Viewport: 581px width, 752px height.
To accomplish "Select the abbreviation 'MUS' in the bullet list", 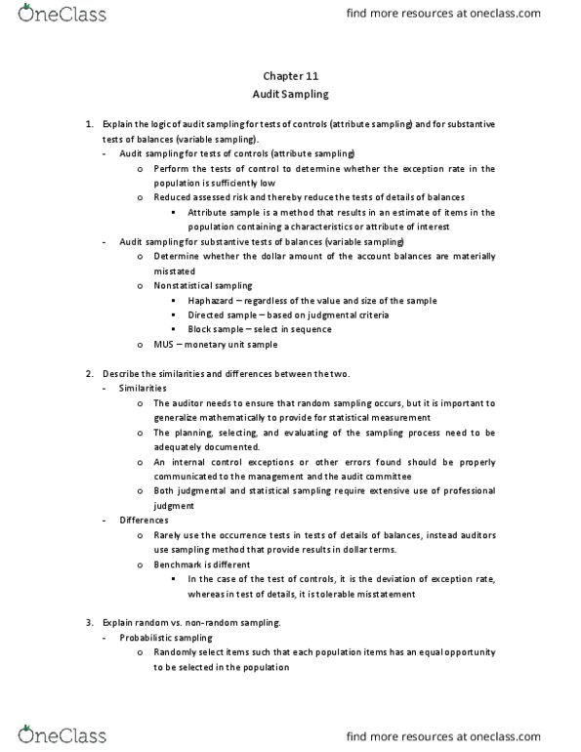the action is (164, 344).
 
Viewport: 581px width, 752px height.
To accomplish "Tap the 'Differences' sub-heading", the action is (143, 520).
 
